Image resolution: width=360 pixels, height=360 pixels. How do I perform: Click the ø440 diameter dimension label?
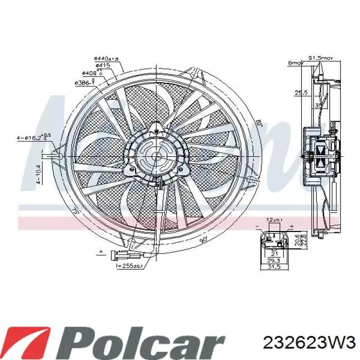pos(106,59)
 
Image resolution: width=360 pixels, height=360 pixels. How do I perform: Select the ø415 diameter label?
pos(102,66)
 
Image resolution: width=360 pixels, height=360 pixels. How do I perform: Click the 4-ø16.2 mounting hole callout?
pos(32,138)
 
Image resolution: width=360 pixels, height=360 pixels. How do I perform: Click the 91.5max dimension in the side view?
pos(322,58)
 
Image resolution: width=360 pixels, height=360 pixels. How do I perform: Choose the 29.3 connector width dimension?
pos(273,261)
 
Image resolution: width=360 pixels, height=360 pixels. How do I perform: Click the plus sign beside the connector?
pos(291,226)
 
